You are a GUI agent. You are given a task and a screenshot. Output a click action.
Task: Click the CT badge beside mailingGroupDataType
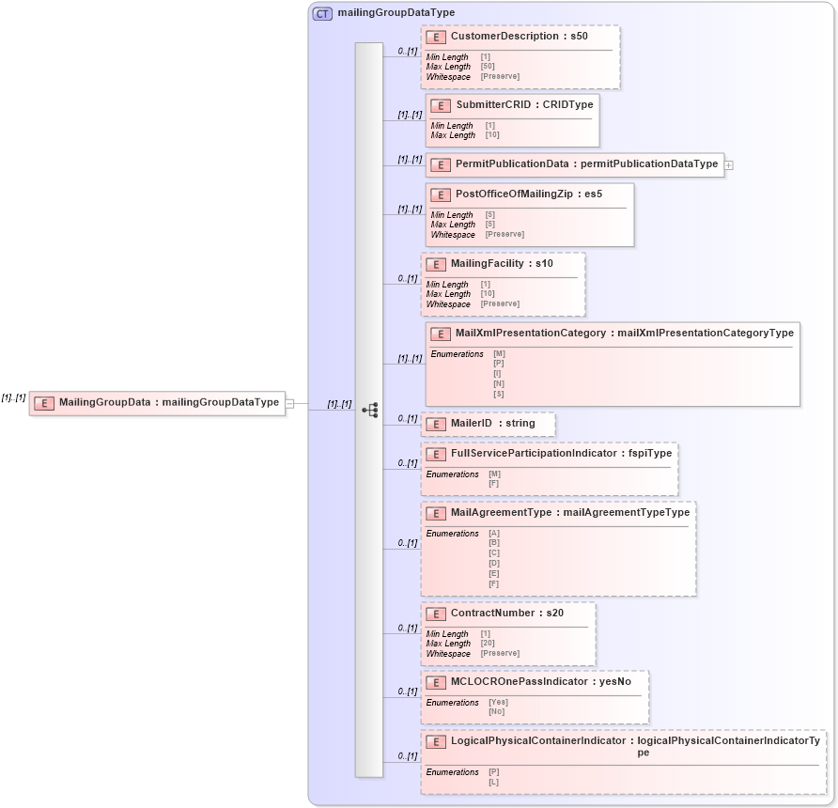coord(322,13)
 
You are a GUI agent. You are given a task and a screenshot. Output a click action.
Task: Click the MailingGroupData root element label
coord(168,402)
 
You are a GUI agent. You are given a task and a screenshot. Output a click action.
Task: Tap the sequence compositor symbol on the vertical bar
coord(369,410)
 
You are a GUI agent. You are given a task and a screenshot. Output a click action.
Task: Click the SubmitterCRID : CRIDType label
coord(523,105)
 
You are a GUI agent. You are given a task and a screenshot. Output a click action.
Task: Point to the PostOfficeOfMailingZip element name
coord(528,194)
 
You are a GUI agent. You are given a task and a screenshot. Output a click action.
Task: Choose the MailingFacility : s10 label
coord(502,264)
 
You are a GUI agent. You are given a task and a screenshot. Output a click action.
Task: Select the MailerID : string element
coord(492,424)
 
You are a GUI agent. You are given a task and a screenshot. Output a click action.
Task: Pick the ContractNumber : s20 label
coord(506,614)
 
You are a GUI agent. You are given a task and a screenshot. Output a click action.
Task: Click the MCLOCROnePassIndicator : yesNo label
coord(540,682)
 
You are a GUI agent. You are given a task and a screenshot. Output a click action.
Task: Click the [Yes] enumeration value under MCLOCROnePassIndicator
coord(498,702)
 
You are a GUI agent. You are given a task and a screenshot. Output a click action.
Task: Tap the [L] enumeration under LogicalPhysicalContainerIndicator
coord(493,782)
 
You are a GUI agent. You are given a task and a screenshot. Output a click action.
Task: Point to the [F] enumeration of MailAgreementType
coord(493,583)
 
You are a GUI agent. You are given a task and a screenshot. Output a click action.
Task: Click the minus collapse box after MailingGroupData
coord(290,403)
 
